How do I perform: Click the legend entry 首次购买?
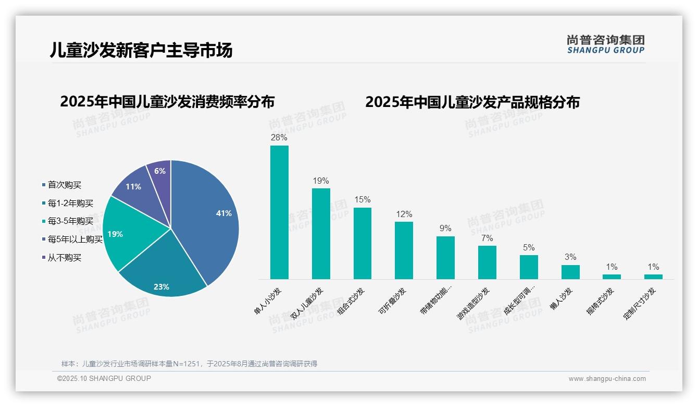[64, 185]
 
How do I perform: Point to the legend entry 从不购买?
[64, 258]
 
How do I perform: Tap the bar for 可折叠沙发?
[404, 250]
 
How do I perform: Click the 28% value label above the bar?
[279, 138]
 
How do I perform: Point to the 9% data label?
[445, 229]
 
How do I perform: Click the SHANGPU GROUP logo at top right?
[605, 44]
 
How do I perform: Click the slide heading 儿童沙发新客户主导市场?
[141, 50]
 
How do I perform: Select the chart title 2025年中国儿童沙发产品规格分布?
[472, 102]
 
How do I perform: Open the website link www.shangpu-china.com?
[607, 379]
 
